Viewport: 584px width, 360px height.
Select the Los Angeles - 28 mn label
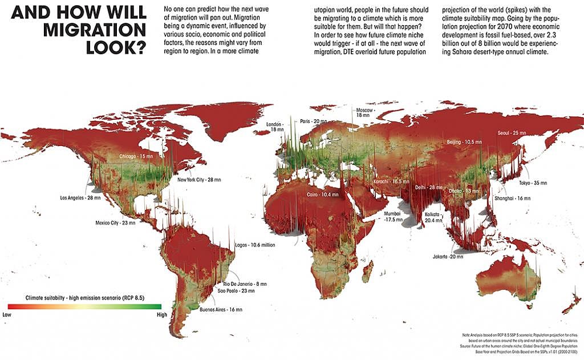pos(80,198)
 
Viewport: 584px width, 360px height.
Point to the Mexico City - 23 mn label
pos(115,223)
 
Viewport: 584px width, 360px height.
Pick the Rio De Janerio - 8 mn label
pos(245,284)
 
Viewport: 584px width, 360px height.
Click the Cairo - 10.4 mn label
pos(322,195)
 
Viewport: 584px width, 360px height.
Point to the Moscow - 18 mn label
pos(365,112)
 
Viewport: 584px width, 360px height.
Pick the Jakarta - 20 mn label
pos(448,257)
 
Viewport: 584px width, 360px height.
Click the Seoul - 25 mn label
pos(511,133)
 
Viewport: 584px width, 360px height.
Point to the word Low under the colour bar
pos(7,314)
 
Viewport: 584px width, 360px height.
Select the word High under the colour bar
pos(161,314)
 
